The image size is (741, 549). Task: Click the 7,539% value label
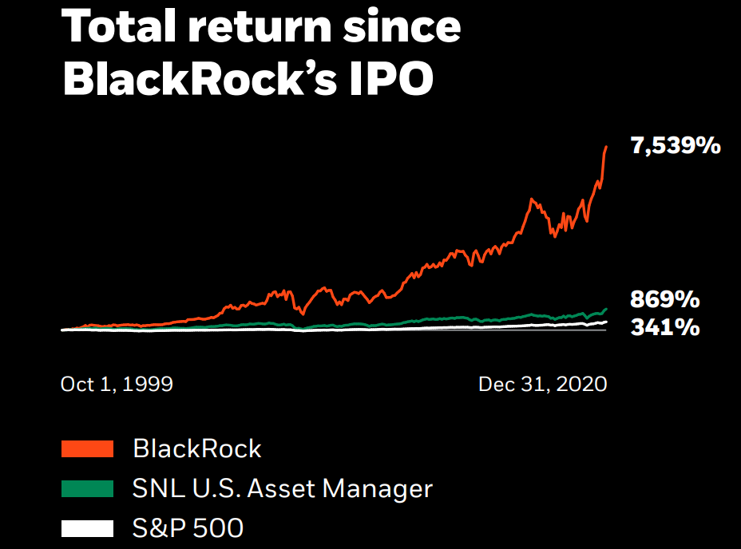click(676, 146)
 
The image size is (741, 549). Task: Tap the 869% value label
click(665, 300)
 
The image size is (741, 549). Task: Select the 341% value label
click(665, 326)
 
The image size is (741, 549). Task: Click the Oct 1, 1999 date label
click(117, 384)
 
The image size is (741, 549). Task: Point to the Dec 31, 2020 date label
click(542, 384)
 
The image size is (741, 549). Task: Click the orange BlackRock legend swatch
click(87, 448)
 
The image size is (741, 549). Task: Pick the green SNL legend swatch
click(87, 488)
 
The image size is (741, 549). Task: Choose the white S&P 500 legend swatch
click(87, 527)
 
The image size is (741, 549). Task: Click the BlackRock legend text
click(197, 448)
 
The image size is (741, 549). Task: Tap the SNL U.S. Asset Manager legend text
click(283, 488)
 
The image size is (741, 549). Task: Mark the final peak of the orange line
click(607, 146)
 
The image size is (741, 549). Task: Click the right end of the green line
click(607, 308)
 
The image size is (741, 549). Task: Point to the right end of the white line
click(607, 322)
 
